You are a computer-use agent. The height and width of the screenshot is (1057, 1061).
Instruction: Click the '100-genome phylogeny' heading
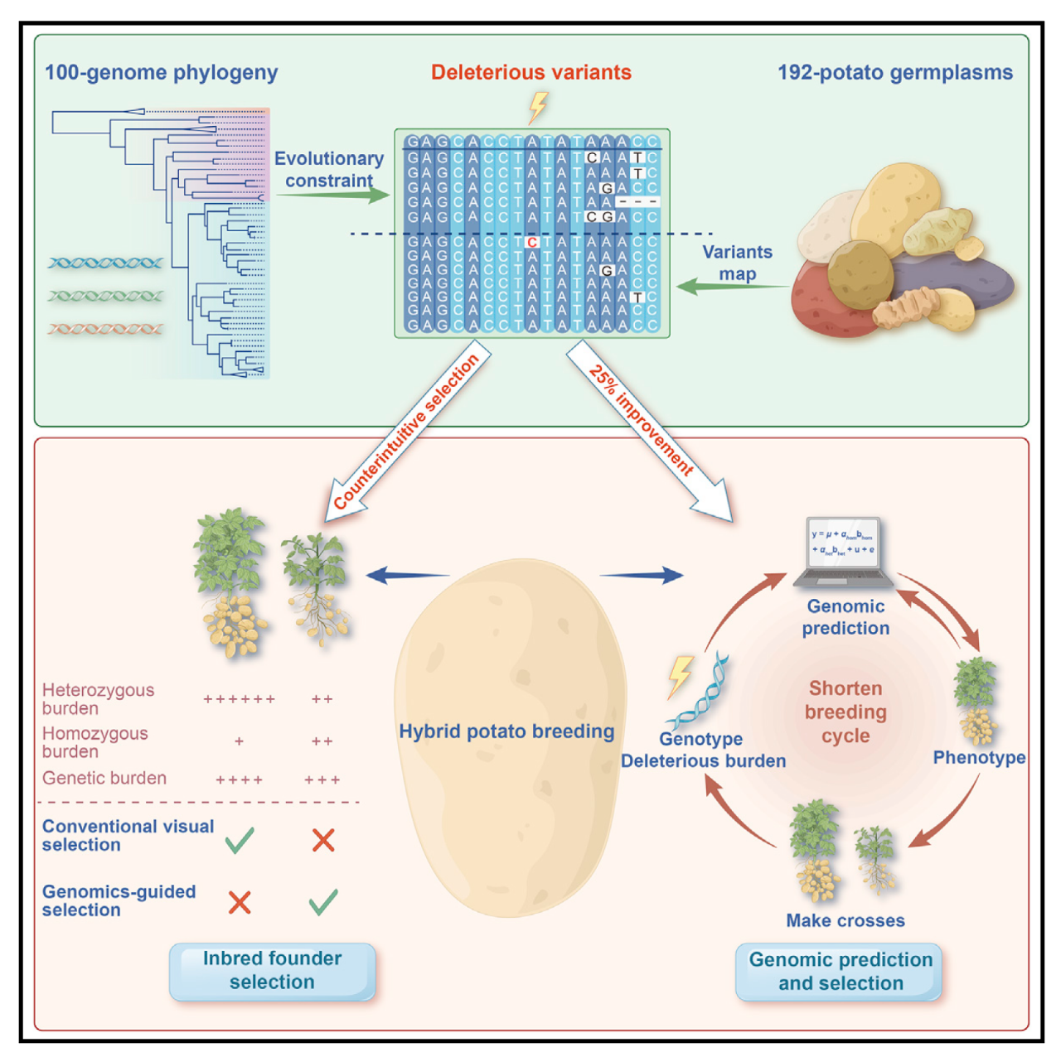pos(161,73)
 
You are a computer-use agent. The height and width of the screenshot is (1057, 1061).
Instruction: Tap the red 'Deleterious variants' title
pos(530,73)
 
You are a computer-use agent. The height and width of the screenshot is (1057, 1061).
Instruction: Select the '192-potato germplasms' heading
pos(894,73)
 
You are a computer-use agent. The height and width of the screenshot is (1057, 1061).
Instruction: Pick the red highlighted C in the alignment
pos(532,243)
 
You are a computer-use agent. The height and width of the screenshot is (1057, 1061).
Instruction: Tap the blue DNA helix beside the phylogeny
pos(105,263)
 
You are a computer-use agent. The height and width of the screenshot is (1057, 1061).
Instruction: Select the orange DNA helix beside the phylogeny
pos(105,329)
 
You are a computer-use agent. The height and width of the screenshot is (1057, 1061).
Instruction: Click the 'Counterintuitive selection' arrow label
pos(406,432)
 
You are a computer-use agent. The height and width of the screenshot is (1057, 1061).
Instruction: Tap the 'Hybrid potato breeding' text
pos(506,731)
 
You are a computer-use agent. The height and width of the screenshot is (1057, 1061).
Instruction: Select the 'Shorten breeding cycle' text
pos(845,712)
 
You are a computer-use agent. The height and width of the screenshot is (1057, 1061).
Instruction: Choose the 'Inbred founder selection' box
pos(272,971)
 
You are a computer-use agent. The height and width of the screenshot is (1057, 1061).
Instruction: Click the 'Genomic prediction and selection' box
pos(840,972)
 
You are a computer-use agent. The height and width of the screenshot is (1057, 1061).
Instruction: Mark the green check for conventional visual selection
pos(240,840)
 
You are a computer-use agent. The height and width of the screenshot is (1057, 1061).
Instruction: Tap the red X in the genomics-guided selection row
pos(240,902)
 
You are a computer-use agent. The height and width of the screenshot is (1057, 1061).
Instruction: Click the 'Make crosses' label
pos(845,920)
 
